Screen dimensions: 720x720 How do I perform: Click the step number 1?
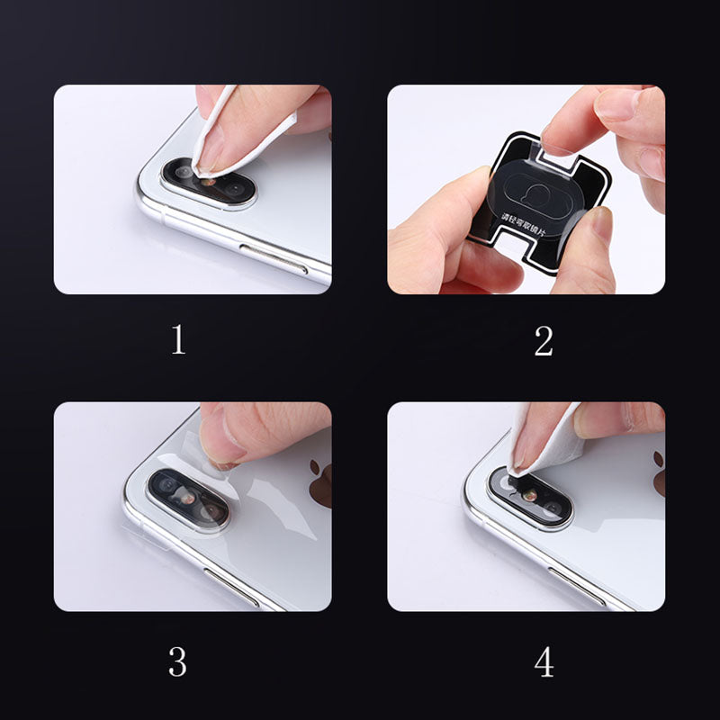pos(178,340)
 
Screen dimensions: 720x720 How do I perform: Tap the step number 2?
pos(543,340)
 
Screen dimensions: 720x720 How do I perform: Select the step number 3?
pos(178,662)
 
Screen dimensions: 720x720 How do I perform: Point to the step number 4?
pos(543,662)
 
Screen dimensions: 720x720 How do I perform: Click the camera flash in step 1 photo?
pos(210,181)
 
